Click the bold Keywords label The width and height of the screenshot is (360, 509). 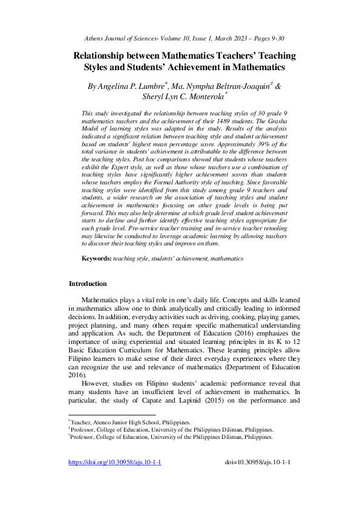tap(96, 275)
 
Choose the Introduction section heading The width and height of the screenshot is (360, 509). tap(88, 301)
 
